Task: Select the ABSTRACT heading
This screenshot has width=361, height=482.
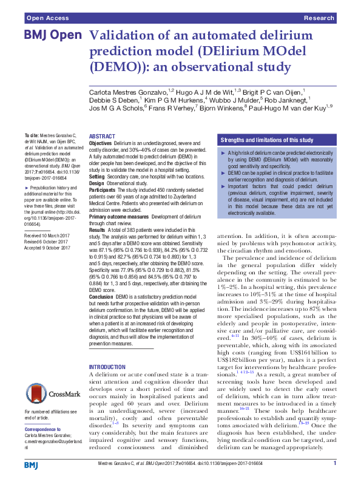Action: point(102,137)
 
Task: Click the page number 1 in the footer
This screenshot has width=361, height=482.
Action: point(335,464)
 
